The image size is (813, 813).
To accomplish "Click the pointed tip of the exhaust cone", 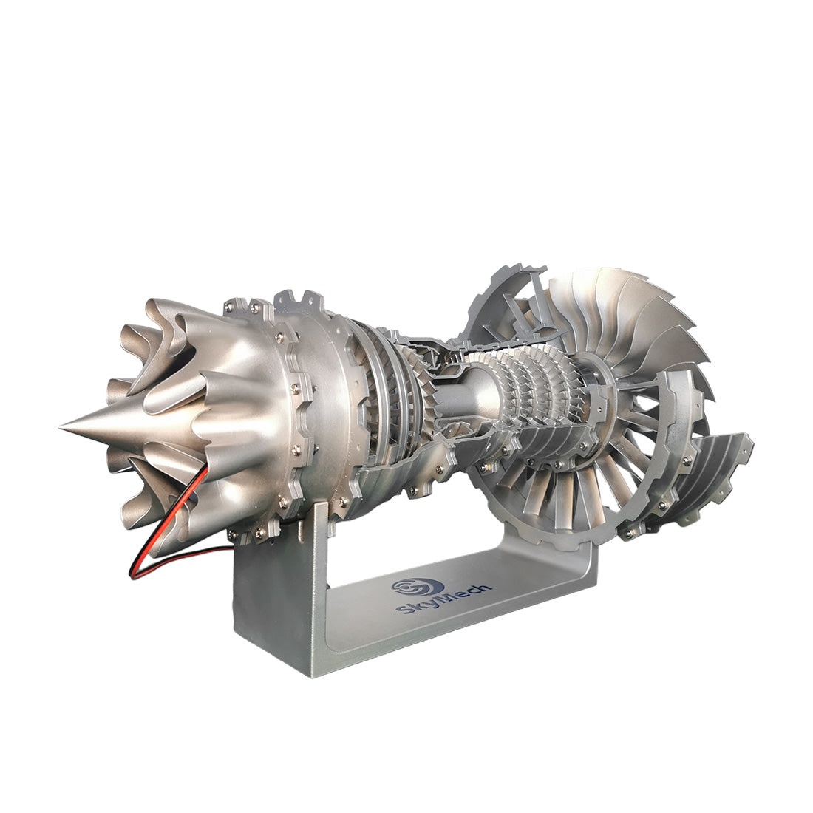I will (x=62, y=426).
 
